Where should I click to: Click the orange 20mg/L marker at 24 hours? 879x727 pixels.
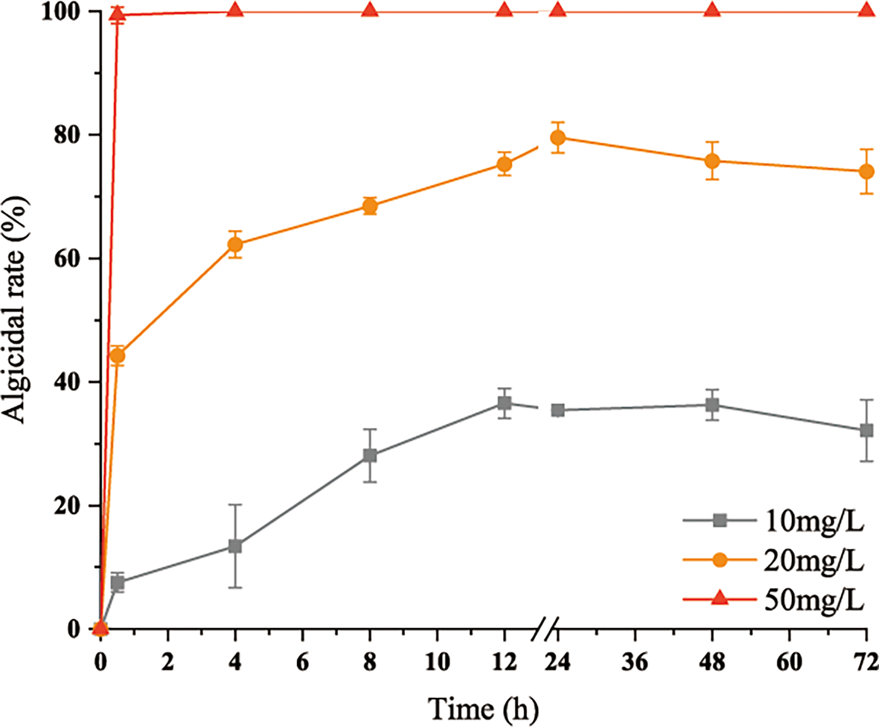pyautogui.click(x=557, y=138)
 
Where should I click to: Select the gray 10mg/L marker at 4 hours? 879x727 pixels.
pyautogui.click(x=235, y=546)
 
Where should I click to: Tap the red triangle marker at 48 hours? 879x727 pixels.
pyautogui.click(x=712, y=10)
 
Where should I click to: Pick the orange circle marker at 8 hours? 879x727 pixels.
pyautogui.click(x=370, y=206)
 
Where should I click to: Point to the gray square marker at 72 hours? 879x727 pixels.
pyautogui.click(x=866, y=430)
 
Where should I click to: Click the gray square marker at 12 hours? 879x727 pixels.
pyautogui.click(x=504, y=403)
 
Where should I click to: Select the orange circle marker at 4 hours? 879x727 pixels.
pyautogui.click(x=235, y=244)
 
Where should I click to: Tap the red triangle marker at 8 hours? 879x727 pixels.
pyautogui.click(x=370, y=10)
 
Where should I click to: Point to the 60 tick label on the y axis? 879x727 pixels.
pyautogui.click(x=67, y=259)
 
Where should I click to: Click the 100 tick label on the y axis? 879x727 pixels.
pyautogui.click(x=61, y=12)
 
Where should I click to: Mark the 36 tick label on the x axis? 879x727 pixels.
pyautogui.click(x=634, y=662)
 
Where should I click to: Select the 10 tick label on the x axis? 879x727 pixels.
pyautogui.click(x=437, y=662)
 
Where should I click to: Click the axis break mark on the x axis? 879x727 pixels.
pyautogui.click(x=545, y=629)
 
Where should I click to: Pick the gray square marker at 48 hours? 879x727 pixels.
pyautogui.click(x=712, y=405)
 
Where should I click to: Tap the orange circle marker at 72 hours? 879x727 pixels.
pyautogui.click(x=866, y=172)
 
